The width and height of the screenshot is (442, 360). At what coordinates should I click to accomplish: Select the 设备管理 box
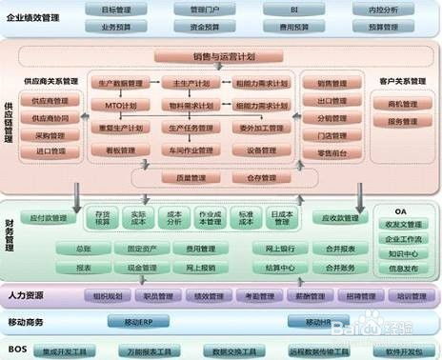(260, 150)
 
